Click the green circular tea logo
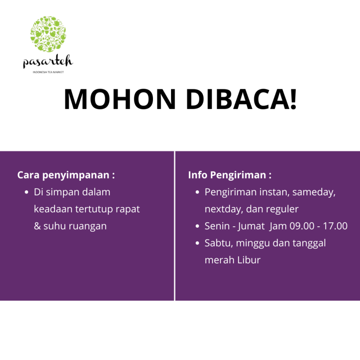point(48,34)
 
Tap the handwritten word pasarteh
point(48,62)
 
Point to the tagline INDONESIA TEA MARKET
point(48,72)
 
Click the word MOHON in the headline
point(120,99)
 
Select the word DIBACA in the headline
point(237,99)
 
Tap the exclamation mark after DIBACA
point(293,99)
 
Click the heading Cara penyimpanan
point(66,175)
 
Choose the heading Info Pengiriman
point(229,175)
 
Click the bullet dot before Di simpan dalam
point(27,192)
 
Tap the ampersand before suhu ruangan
point(37,226)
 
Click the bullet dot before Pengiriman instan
point(197,192)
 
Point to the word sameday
point(314,193)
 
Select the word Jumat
point(251,226)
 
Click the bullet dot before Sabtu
point(197,243)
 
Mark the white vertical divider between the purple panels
point(175,226)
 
